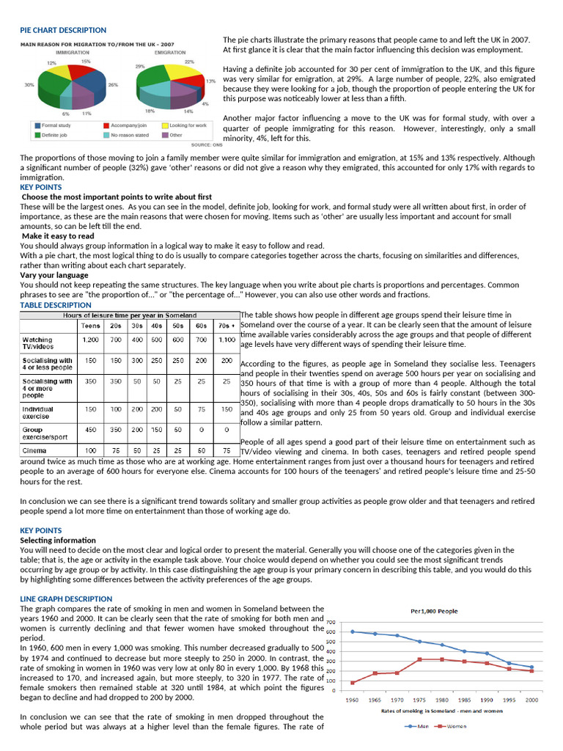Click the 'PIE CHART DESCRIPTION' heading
coord(63,30)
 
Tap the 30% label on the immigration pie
coord(29,85)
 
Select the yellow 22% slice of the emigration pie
coord(179,72)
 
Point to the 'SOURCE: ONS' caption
coord(206,145)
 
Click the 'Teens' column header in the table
coord(90,325)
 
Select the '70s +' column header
coord(227,325)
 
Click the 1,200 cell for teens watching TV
coord(90,340)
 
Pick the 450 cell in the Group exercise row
coord(90,430)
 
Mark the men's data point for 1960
coord(352,631)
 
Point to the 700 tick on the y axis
coord(331,622)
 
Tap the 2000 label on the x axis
coord(531,700)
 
